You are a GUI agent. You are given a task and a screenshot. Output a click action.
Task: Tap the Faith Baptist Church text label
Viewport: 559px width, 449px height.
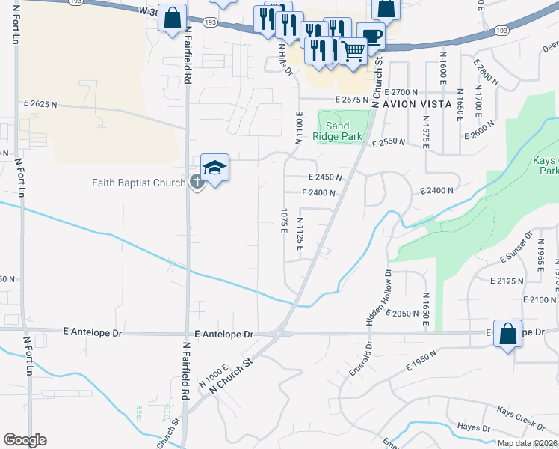pyautogui.click(x=139, y=182)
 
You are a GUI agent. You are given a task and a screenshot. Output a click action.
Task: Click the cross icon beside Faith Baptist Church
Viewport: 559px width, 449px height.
pyautogui.click(x=197, y=181)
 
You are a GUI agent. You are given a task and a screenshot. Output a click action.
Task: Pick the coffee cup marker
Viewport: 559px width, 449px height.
pyautogui.click(x=371, y=36)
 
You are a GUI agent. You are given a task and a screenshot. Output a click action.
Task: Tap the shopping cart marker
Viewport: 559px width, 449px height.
pyautogui.click(x=353, y=52)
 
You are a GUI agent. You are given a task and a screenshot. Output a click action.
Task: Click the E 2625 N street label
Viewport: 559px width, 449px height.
pyautogui.click(x=40, y=104)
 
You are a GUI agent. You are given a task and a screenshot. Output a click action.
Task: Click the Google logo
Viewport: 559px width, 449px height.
pyautogui.click(x=25, y=440)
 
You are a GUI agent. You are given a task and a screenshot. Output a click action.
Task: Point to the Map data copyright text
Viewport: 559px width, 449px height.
pyautogui.click(x=528, y=443)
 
